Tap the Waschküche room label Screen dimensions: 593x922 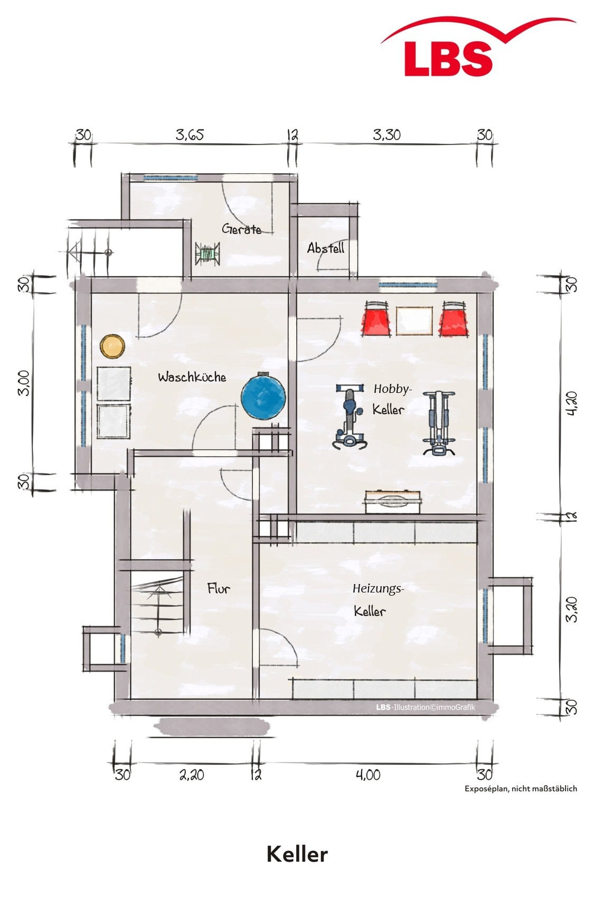click(x=192, y=377)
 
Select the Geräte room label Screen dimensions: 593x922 click(x=241, y=229)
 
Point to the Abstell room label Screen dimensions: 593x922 click(x=326, y=248)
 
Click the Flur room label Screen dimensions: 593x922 click(x=219, y=588)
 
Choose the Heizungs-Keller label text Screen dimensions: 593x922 click(x=378, y=599)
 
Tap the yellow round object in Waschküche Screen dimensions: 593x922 click(x=112, y=346)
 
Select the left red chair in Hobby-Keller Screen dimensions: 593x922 click(x=376, y=318)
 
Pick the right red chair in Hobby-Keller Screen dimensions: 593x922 click(x=454, y=318)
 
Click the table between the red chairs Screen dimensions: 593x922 click(x=415, y=321)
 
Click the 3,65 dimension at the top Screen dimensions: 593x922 click(x=190, y=135)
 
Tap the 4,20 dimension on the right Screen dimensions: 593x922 click(x=572, y=403)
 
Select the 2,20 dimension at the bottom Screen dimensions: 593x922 click(x=191, y=775)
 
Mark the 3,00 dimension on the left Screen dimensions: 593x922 click(x=24, y=383)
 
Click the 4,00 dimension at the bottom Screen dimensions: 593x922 click(x=368, y=775)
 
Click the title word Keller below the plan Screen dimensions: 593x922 click(x=297, y=853)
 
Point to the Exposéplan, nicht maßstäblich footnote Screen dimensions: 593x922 click(x=521, y=789)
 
